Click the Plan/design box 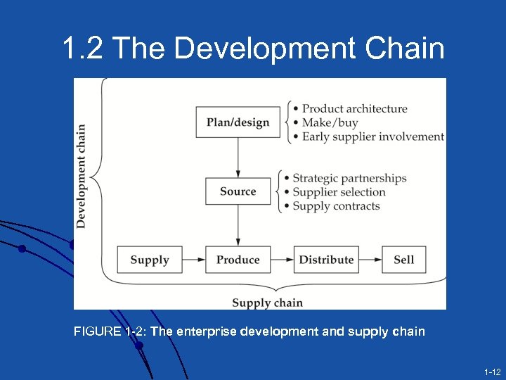coord(238,122)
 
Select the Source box coord(238,191)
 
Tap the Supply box coord(150,260)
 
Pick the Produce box coord(238,260)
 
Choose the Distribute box coord(326,260)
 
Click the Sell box coord(403,260)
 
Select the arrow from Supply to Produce coord(194,260)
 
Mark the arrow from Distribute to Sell coord(370,260)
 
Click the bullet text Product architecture coord(354,108)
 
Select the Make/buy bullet coord(330,122)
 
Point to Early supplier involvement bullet coord(372,137)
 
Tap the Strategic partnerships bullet coord(349,178)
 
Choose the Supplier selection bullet coord(339,192)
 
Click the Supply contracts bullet coord(336,206)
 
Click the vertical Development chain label coord(82,176)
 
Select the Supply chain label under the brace coord(267,303)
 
